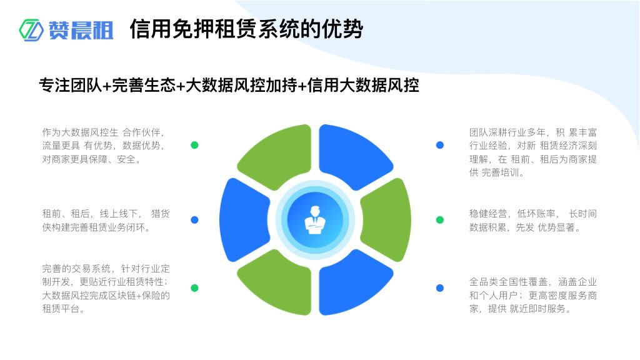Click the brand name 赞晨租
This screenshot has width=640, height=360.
pyautogui.click(x=81, y=30)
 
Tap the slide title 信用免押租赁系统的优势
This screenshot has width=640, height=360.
pyautogui.click(x=246, y=29)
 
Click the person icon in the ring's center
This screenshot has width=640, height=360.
pyautogui.click(x=315, y=219)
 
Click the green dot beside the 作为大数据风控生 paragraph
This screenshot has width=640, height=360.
pyautogui.click(x=194, y=145)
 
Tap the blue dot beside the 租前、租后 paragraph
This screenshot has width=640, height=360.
pyautogui.click(x=194, y=220)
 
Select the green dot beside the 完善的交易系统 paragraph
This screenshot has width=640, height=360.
pyautogui.click(x=194, y=288)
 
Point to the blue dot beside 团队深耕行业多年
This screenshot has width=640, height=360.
pyautogui.click(x=440, y=145)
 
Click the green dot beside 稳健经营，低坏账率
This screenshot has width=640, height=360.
pyautogui.click(x=440, y=220)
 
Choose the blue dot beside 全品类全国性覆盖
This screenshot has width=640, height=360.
pyautogui.click(x=440, y=288)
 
